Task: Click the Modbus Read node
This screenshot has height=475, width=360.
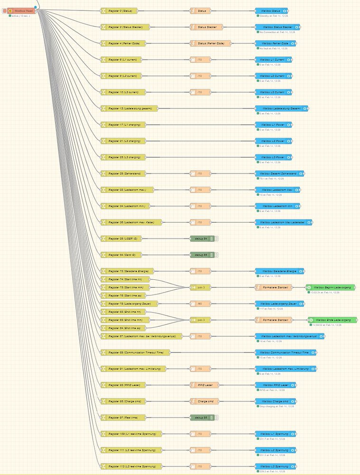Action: coord(23,10)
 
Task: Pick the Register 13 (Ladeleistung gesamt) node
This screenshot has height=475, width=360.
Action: coord(129,108)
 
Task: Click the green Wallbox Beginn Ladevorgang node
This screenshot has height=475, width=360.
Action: coord(332,287)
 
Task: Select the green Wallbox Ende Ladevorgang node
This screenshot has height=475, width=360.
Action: coord(334,320)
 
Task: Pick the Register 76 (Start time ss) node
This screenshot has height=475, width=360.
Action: coord(125,295)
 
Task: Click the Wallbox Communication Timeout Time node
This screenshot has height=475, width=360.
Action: coord(285,352)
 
